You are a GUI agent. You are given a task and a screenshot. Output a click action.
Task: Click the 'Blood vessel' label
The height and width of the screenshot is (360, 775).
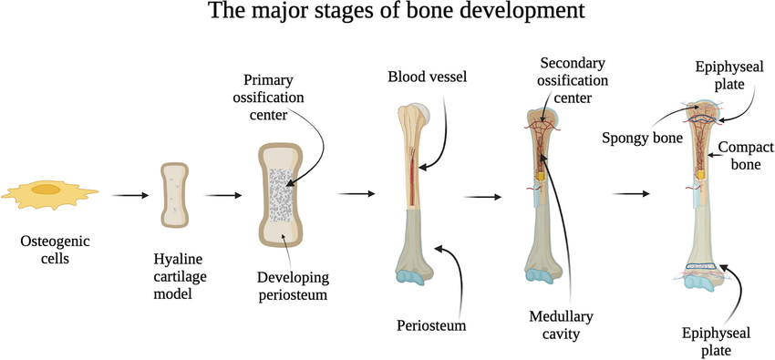(x=427, y=77)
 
